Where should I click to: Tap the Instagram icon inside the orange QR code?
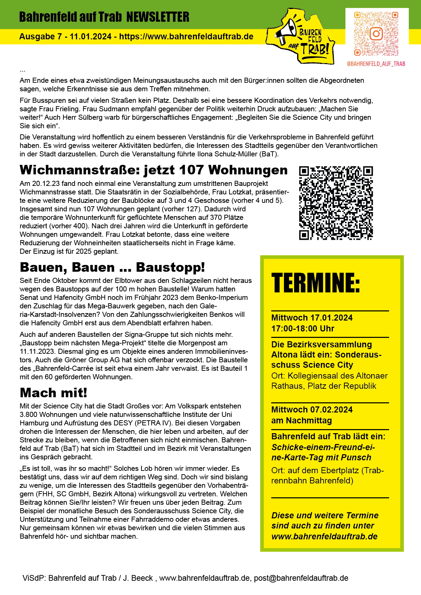point(376,34)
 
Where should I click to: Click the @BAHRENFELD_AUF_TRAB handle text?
point(376,64)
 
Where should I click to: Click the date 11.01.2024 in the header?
point(91,37)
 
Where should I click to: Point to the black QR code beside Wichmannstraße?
point(336,203)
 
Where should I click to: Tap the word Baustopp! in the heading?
point(170,267)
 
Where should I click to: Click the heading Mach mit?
point(54,393)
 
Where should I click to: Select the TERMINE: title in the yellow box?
point(315,283)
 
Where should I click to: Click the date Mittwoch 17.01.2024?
point(312,318)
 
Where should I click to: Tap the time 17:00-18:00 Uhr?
point(303,329)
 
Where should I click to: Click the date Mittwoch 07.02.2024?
point(312,410)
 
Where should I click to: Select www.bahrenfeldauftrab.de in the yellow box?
point(324,536)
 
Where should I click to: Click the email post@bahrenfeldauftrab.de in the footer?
point(301,578)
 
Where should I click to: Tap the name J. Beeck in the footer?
point(138,578)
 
